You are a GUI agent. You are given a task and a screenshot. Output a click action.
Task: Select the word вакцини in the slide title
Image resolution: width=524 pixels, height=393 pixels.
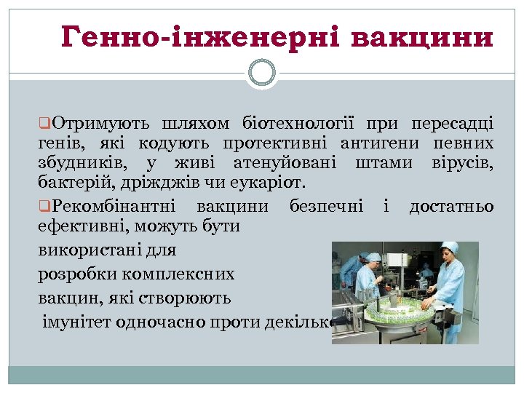coord(421,36)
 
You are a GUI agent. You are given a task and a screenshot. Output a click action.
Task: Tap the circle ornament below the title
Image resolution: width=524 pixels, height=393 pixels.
coord(262,73)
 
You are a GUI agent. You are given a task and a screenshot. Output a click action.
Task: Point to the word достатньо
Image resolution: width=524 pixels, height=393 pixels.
coord(451,207)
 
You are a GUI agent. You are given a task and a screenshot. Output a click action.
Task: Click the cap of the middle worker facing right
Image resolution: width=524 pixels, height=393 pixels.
coord(374,256)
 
